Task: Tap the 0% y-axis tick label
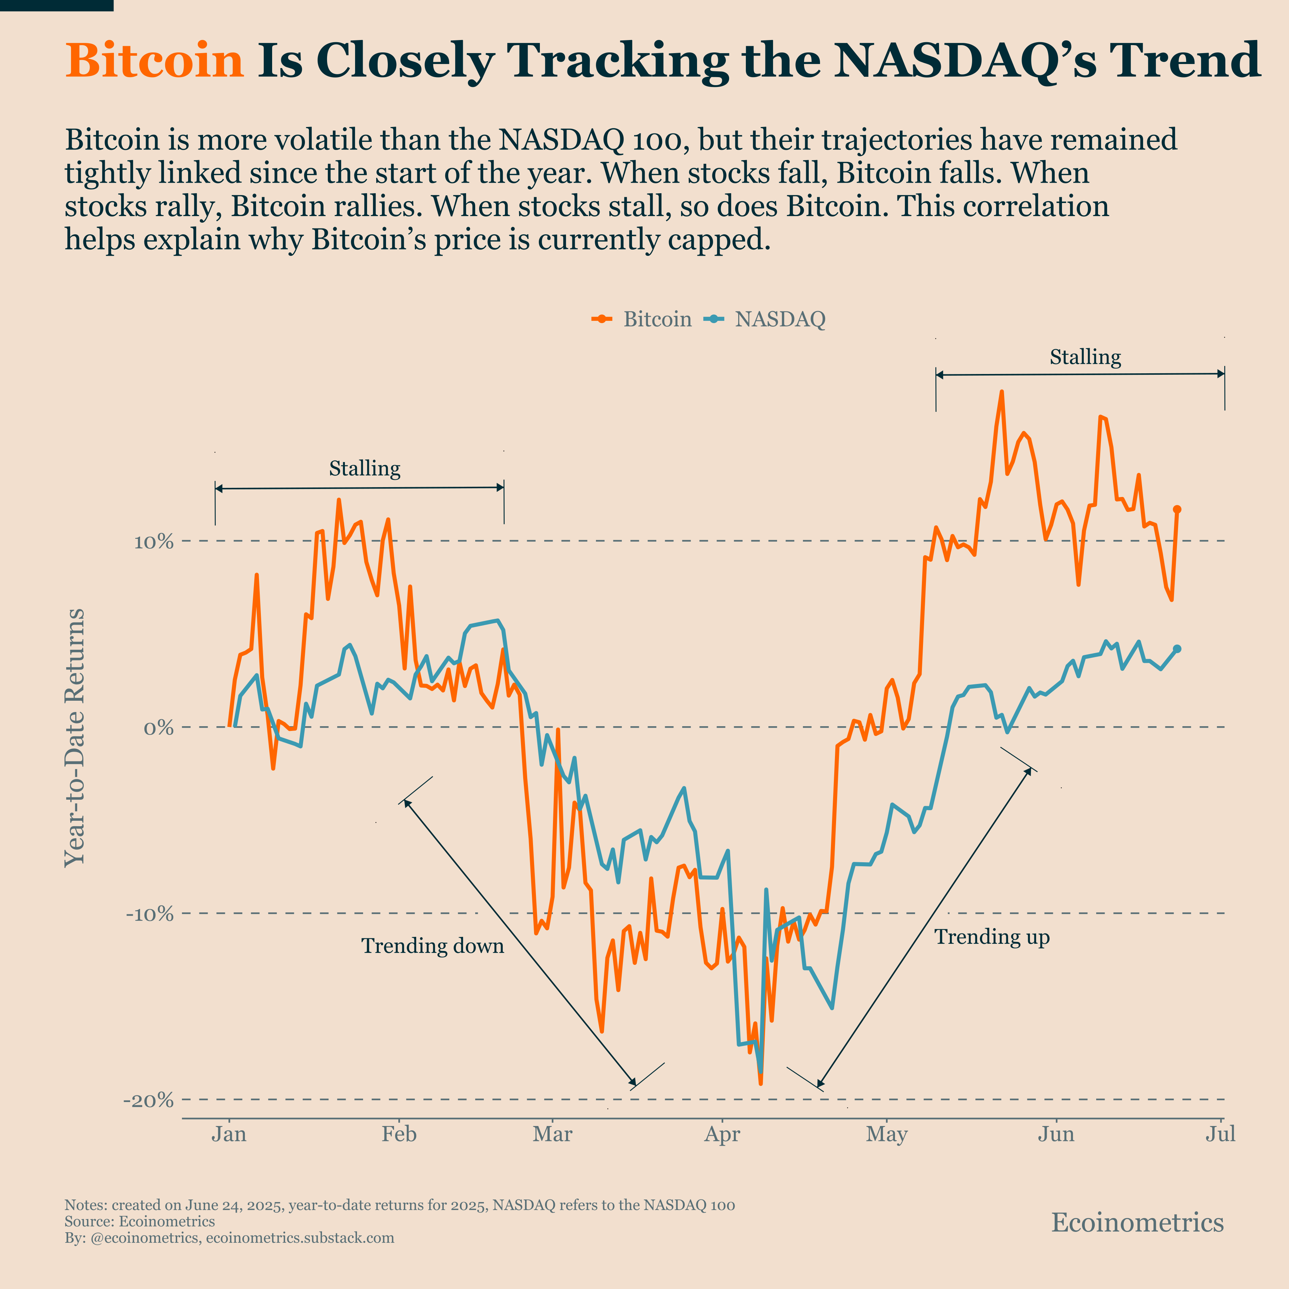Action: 159,727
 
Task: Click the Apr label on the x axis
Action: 722,1134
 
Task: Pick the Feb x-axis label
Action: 399,1134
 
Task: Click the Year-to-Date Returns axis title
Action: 75,737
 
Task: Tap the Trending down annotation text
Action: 432,946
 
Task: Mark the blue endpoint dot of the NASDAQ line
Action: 1177,649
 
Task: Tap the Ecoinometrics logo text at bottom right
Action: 1138,1223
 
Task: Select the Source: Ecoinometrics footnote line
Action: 139,1222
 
